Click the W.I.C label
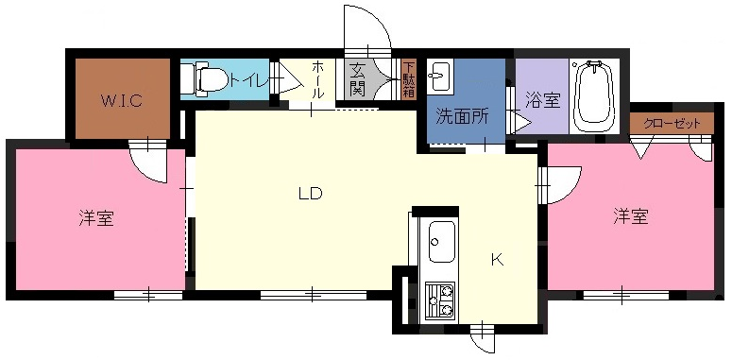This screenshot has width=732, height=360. (x=122, y=101)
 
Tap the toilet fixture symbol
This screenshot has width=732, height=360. (x=203, y=79)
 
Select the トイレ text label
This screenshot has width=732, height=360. (x=248, y=81)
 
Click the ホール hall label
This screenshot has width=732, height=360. (x=317, y=79)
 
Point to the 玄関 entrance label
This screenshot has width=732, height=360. (x=357, y=79)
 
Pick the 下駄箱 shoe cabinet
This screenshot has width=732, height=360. (x=409, y=79)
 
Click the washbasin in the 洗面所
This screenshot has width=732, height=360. (x=440, y=77)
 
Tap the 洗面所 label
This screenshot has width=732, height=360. (x=462, y=116)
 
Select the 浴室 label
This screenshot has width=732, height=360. (x=543, y=100)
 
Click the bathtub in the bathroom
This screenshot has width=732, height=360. (x=594, y=96)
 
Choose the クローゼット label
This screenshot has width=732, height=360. (x=672, y=124)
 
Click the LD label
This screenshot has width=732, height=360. (x=311, y=193)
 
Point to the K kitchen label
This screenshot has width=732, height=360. (x=498, y=260)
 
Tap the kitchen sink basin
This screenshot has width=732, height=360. (x=441, y=242)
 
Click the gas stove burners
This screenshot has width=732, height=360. (x=441, y=300)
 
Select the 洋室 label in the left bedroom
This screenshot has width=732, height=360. (x=96, y=218)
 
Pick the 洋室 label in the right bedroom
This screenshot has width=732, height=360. (x=631, y=216)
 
